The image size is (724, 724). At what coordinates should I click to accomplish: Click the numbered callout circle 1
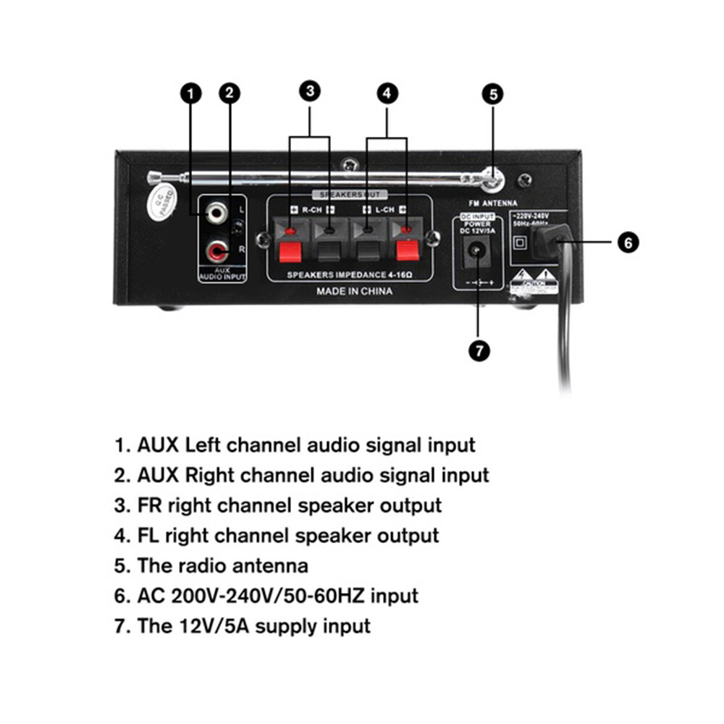(191, 93)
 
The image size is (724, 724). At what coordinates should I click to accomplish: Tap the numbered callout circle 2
(230, 93)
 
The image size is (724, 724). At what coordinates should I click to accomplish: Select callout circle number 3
(310, 90)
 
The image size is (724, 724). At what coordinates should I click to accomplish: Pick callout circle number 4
(387, 92)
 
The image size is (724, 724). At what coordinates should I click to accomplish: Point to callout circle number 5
(493, 93)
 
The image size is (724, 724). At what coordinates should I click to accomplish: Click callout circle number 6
(628, 242)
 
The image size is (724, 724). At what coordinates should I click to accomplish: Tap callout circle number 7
(479, 350)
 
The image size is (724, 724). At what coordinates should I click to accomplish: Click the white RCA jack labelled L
(215, 212)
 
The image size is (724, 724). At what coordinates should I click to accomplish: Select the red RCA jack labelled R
(216, 251)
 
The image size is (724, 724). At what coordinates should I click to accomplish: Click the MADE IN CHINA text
(355, 291)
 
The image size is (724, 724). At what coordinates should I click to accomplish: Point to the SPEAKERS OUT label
(350, 195)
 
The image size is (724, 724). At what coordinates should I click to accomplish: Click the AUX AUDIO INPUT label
(222, 273)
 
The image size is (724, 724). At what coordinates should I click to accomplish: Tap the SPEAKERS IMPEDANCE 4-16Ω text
(350, 274)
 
